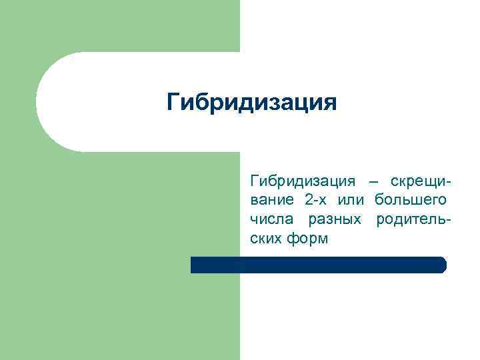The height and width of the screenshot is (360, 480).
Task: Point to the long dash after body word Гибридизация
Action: pos(371,181)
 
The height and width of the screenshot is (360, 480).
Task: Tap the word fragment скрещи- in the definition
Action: pos(418,181)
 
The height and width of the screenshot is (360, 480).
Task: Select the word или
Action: pos(351,200)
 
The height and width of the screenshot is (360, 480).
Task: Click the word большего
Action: pos(410,200)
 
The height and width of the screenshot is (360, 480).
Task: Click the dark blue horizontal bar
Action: pos(318,265)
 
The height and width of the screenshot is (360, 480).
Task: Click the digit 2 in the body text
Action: pos(307,200)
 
